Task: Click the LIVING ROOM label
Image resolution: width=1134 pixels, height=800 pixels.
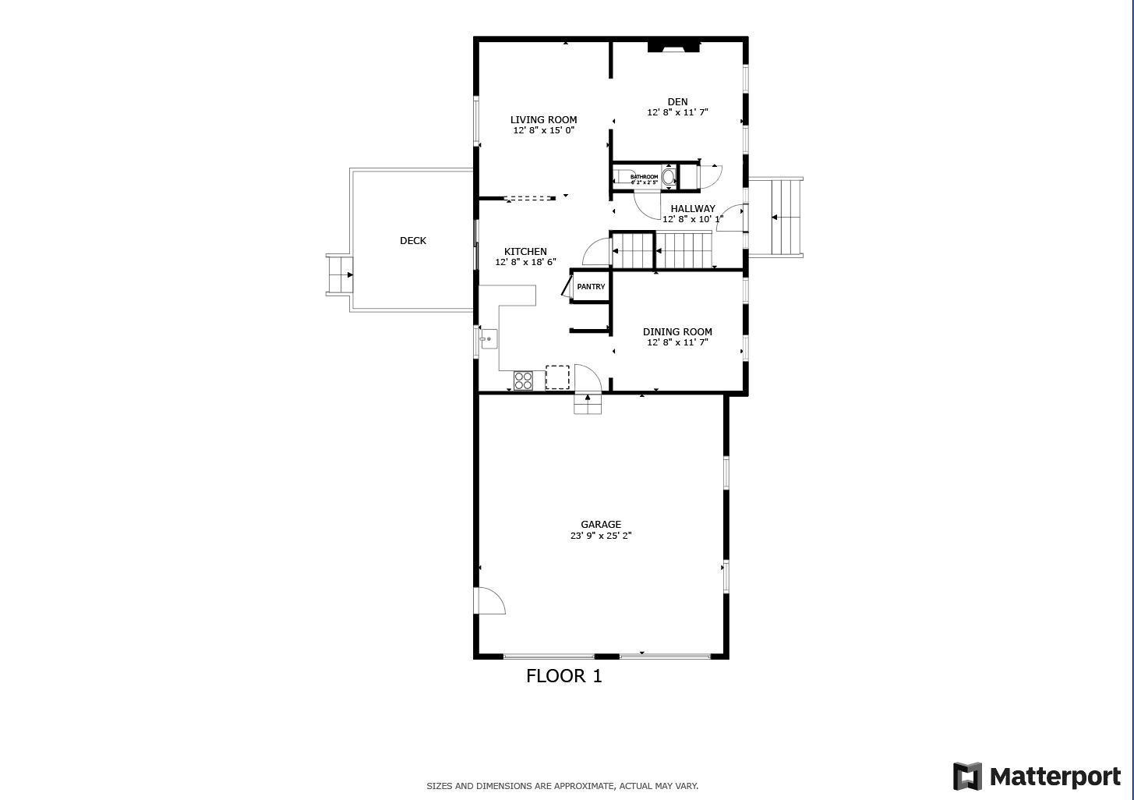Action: coord(543,120)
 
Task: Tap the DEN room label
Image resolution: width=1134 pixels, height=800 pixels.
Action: coord(677,102)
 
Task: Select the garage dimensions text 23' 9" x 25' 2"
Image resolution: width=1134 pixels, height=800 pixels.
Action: coord(600,536)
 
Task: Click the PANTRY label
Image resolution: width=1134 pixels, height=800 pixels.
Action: coord(591,287)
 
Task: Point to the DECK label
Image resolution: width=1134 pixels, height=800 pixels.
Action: coord(412,241)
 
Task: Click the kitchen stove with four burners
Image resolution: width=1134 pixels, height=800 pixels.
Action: coord(523,381)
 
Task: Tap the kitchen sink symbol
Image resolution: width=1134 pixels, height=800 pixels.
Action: coord(489,339)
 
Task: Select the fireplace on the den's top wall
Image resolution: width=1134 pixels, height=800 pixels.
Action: coord(673,47)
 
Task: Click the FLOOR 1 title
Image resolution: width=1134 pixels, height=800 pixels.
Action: coord(563,676)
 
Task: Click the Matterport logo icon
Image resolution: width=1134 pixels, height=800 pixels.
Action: coord(967,777)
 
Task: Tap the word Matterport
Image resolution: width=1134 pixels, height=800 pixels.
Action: coord(1055,777)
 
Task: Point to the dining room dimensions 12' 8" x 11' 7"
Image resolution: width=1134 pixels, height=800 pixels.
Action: coord(677,342)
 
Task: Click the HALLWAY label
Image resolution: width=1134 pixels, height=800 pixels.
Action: coord(692,208)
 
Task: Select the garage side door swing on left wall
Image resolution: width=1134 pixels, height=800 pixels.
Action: coord(489,602)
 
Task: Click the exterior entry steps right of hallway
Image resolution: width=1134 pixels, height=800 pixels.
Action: coord(786,218)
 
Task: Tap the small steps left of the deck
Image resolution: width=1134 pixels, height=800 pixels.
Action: coord(339,274)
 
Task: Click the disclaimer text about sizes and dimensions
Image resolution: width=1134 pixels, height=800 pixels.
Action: coord(562,786)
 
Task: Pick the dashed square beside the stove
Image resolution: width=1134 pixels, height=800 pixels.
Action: coord(557,377)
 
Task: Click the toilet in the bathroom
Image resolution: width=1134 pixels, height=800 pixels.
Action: coord(669,177)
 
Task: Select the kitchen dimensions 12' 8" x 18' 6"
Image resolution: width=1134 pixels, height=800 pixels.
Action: coord(525,262)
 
